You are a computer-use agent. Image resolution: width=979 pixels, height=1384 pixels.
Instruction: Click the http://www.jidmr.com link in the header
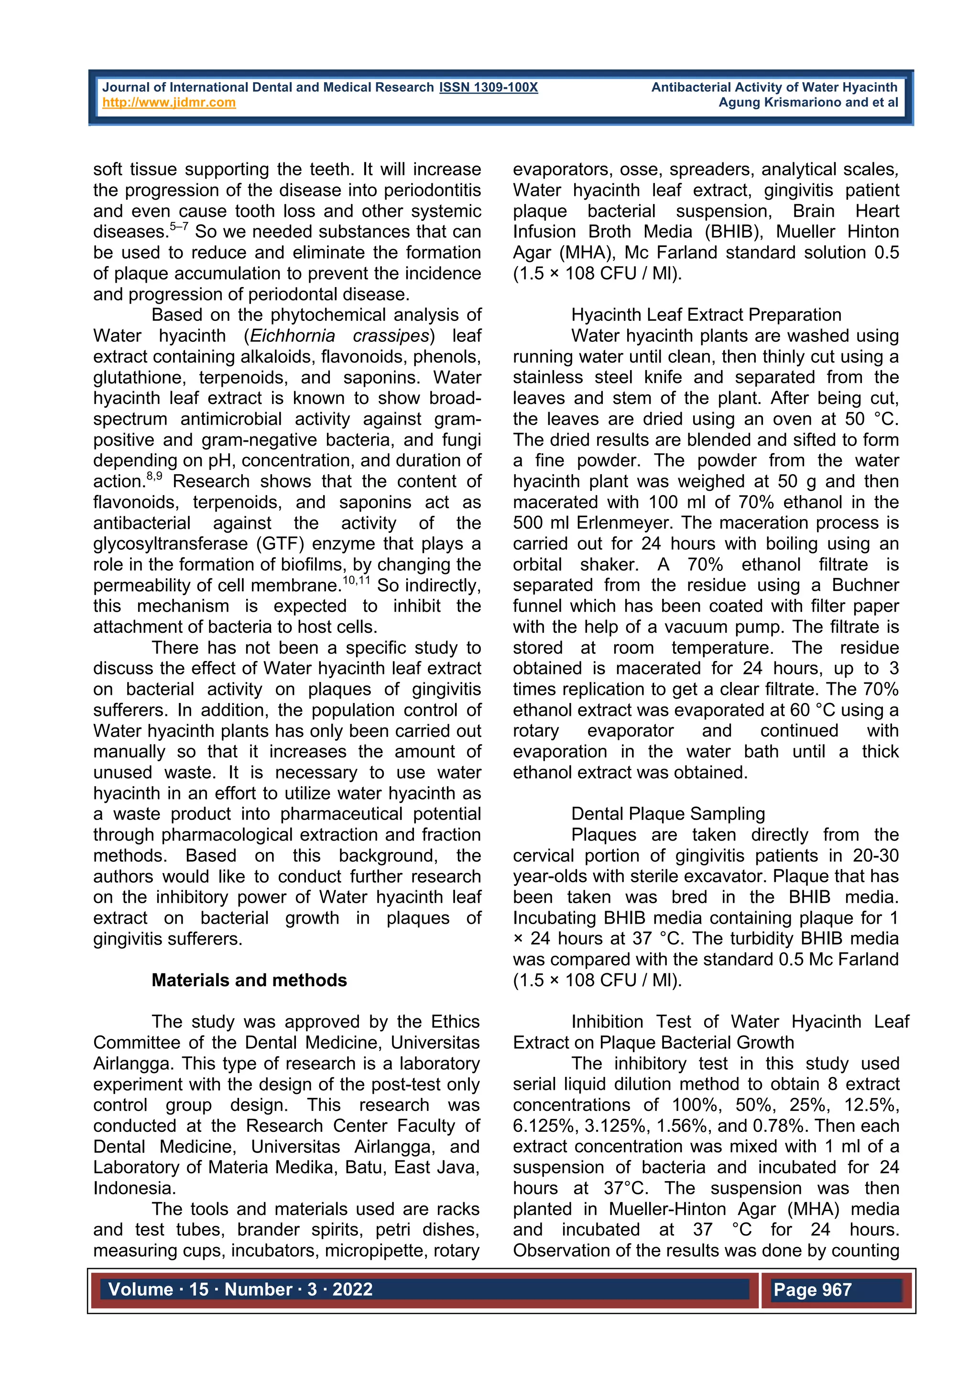click(x=169, y=103)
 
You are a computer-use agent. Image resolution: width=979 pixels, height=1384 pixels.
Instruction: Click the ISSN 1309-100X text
click(x=488, y=87)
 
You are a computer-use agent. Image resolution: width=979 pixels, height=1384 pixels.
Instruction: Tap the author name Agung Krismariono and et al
click(x=808, y=103)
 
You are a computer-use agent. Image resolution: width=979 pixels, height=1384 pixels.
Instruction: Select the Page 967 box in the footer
click(x=813, y=1289)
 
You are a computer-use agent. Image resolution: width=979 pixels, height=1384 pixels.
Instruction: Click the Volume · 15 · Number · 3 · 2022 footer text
click(x=240, y=1289)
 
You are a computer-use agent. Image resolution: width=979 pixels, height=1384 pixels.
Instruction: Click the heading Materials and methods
click(x=249, y=980)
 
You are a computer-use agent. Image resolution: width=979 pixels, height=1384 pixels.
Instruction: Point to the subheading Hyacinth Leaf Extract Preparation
click(x=706, y=315)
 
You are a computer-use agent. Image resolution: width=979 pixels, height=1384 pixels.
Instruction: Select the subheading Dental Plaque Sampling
click(x=668, y=814)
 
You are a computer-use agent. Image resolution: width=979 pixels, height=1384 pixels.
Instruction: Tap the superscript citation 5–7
click(x=179, y=227)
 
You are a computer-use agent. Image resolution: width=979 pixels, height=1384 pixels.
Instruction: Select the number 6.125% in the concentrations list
click(x=543, y=1126)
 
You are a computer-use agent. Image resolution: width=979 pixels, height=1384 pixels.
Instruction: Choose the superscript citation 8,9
click(x=154, y=476)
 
